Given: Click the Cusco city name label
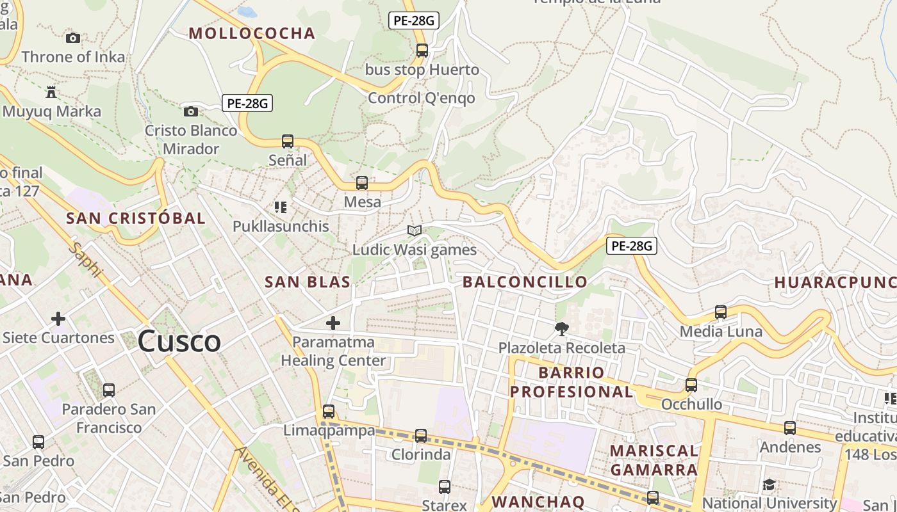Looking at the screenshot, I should [x=179, y=340].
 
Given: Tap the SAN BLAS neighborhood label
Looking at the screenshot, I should [x=308, y=282].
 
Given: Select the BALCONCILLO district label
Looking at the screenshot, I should [x=525, y=282].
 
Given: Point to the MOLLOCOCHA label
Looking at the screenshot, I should [x=252, y=33].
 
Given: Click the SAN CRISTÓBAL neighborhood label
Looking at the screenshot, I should [x=136, y=218].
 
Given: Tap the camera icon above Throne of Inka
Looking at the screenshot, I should [x=73, y=38].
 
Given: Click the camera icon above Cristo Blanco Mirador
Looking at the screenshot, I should [x=190, y=112].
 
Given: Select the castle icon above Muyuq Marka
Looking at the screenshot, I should [x=51, y=92].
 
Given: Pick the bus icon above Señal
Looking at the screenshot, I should [x=288, y=141].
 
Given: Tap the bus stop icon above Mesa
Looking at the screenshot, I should [x=362, y=183].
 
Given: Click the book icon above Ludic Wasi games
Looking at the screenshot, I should [x=415, y=230].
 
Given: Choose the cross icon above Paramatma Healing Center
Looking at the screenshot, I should [x=333, y=323].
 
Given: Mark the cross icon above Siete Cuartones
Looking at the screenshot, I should [x=58, y=319].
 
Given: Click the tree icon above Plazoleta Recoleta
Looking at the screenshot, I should [x=562, y=329].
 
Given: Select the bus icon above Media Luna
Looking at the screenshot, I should [x=721, y=312].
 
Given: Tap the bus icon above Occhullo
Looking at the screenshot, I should [x=691, y=385].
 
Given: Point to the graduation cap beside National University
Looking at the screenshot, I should [x=769, y=484].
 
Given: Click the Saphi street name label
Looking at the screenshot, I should [x=88, y=259].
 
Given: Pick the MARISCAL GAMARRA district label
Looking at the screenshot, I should [x=654, y=460].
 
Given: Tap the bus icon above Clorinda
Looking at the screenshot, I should [x=421, y=436].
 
